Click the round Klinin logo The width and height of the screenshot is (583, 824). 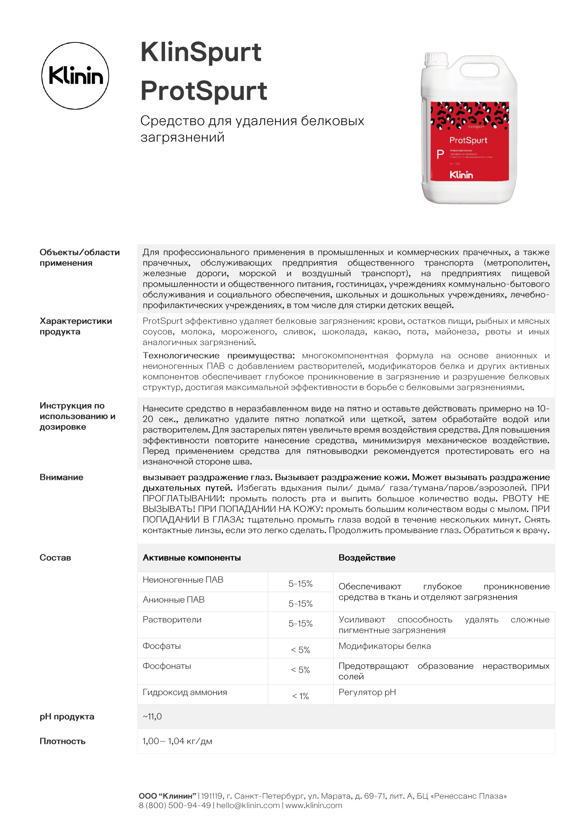[x=75, y=76]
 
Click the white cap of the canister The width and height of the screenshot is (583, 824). [x=436, y=59]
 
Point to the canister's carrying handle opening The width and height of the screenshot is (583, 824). [x=479, y=70]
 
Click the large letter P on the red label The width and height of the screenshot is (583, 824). [x=440, y=155]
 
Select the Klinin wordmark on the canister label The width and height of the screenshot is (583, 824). [x=461, y=175]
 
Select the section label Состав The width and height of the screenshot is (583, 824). [x=55, y=558]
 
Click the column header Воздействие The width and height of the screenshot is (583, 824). [x=367, y=558]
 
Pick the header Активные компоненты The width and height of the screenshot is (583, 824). [x=191, y=558]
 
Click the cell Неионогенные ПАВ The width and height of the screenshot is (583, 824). [x=183, y=580]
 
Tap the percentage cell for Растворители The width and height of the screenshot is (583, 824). [x=300, y=624]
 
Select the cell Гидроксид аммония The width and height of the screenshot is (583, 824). [x=185, y=692]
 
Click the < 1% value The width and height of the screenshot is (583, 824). [x=300, y=696]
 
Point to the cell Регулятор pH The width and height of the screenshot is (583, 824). [x=367, y=692]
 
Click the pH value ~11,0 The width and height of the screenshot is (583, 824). [x=152, y=716]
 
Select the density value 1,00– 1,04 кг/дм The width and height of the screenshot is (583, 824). [x=177, y=741]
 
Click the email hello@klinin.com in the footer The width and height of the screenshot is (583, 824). [x=248, y=805]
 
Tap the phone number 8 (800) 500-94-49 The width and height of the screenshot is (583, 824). [x=175, y=805]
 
